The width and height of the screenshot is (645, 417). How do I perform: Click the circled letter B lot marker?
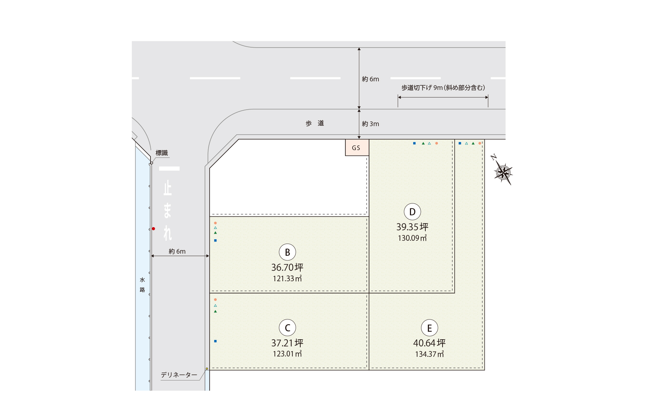[x=287, y=252]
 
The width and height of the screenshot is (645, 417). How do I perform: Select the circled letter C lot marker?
[x=287, y=328]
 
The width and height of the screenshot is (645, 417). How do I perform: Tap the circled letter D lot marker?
[x=412, y=212]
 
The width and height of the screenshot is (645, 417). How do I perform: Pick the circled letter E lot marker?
[x=429, y=328]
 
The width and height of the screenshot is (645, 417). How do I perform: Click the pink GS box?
[x=357, y=148]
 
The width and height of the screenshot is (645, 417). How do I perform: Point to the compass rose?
[x=502, y=171]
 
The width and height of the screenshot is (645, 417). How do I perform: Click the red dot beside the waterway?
[x=153, y=229]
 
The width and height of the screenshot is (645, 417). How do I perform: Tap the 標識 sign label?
[x=162, y=153]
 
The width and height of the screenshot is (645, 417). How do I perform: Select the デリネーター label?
[x=179, y=375]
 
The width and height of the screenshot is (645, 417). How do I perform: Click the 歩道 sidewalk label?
[x=315, y=123]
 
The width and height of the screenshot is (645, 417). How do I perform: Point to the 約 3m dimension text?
[x=371, y=124]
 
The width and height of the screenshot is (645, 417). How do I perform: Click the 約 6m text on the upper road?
[x=371, y=79]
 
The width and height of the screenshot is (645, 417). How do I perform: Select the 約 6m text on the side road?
[x=177, y=251]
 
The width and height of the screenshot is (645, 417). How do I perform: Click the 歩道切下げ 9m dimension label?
[x=443, y=88]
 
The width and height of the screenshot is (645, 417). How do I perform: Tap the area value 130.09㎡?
[x=412, y=238]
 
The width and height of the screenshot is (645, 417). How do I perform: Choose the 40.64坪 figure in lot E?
[x=429, y=343]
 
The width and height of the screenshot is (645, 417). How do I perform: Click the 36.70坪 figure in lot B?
[x=287, y=267]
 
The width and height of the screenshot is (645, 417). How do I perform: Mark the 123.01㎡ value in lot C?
[x=287, y=354]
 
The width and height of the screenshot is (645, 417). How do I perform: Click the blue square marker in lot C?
[x=215, y=341]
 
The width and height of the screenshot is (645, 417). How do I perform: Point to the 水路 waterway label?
[x=142, y=285]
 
